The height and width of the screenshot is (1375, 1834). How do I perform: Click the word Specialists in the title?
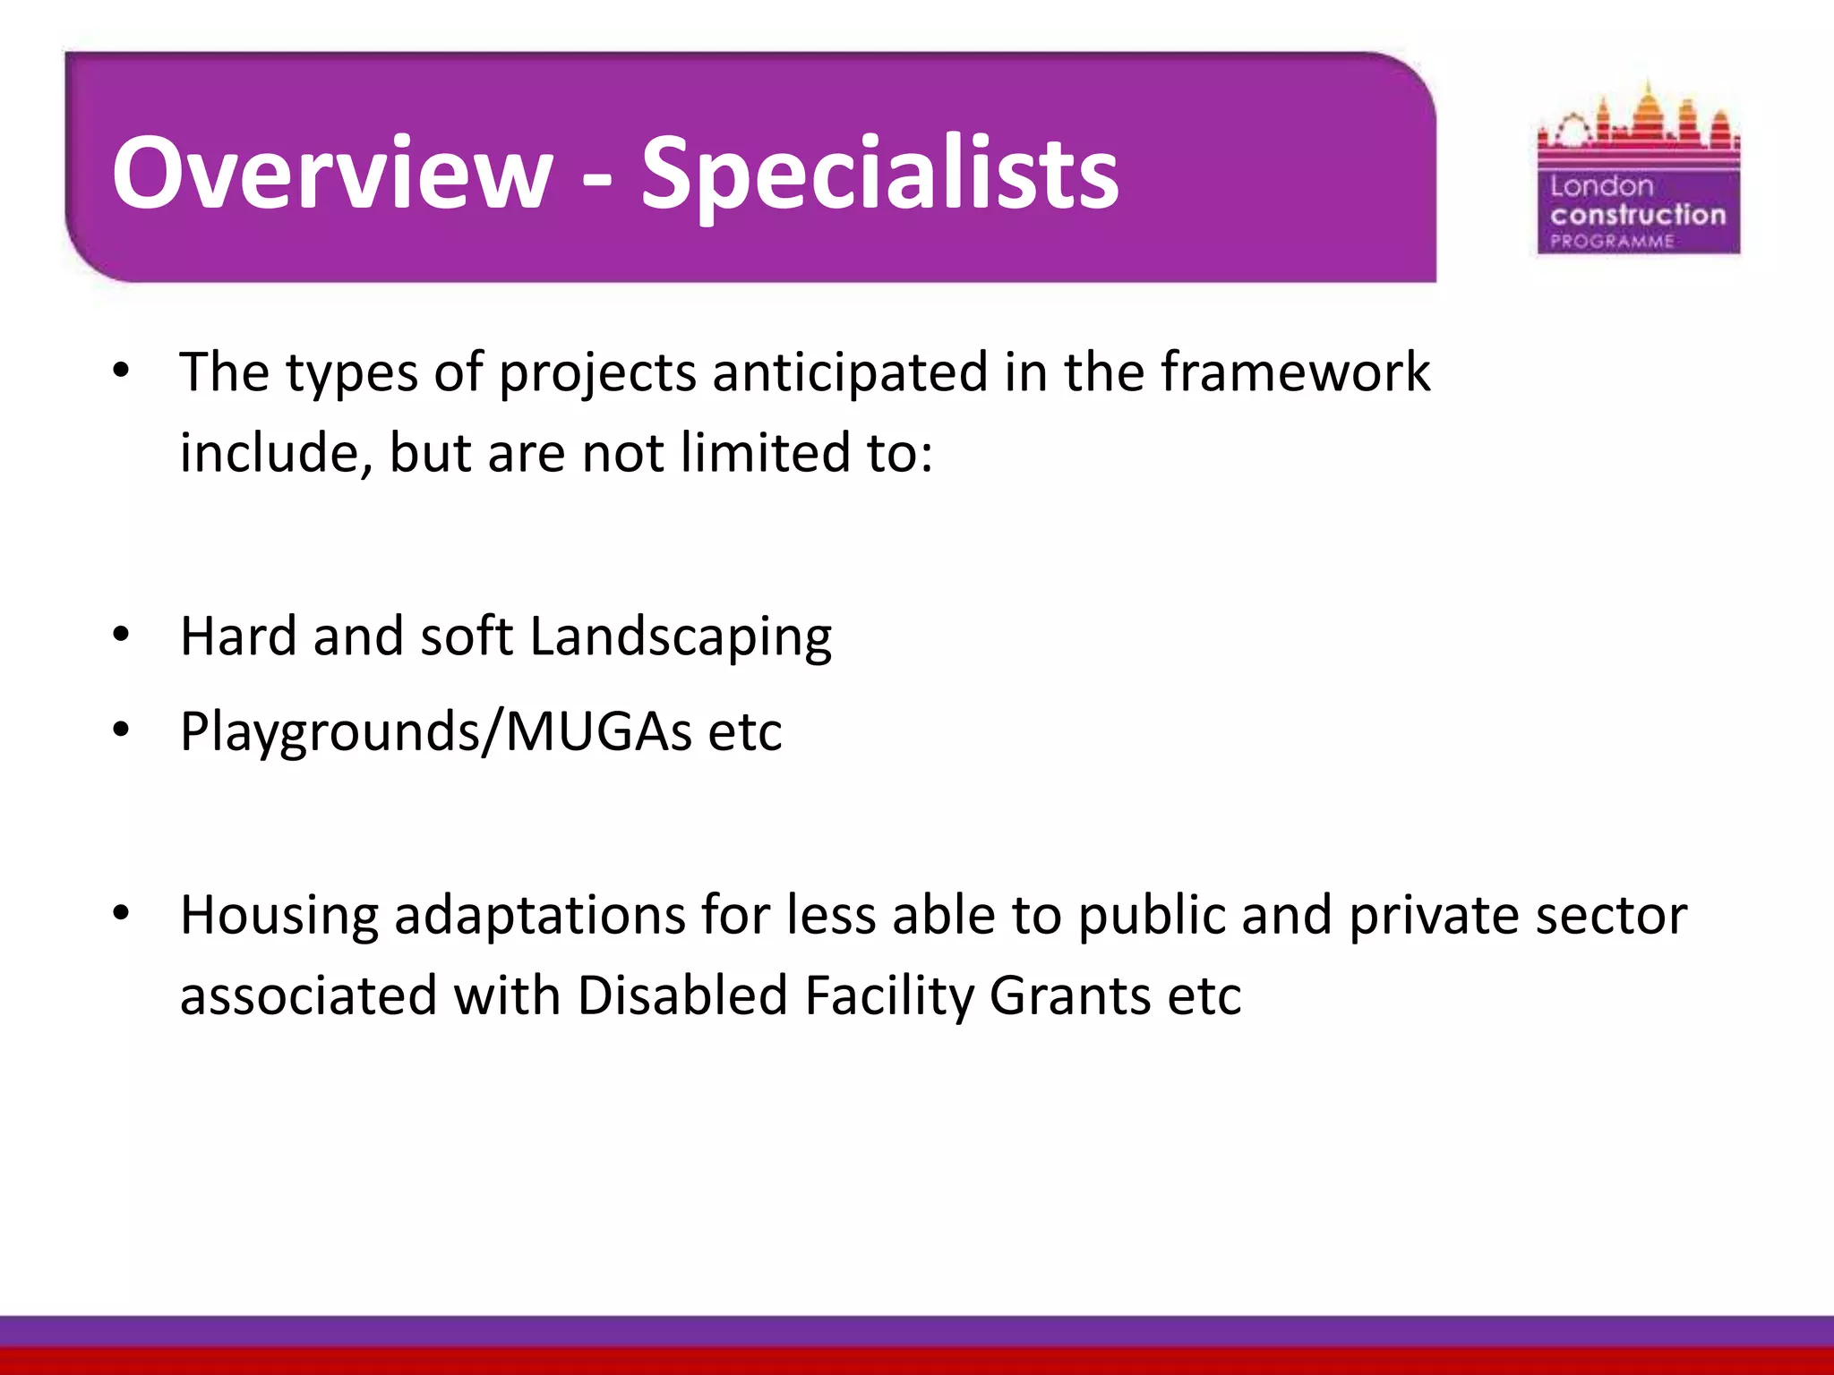point(879,175)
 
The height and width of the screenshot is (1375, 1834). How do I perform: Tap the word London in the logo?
point(1601,186)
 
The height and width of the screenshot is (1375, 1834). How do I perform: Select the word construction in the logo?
point(1638,215)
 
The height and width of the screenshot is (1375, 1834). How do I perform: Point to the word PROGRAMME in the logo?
point(1612,241)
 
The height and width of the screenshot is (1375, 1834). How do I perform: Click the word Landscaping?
point(681,637)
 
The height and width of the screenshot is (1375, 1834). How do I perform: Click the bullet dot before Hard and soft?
point(122,636)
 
